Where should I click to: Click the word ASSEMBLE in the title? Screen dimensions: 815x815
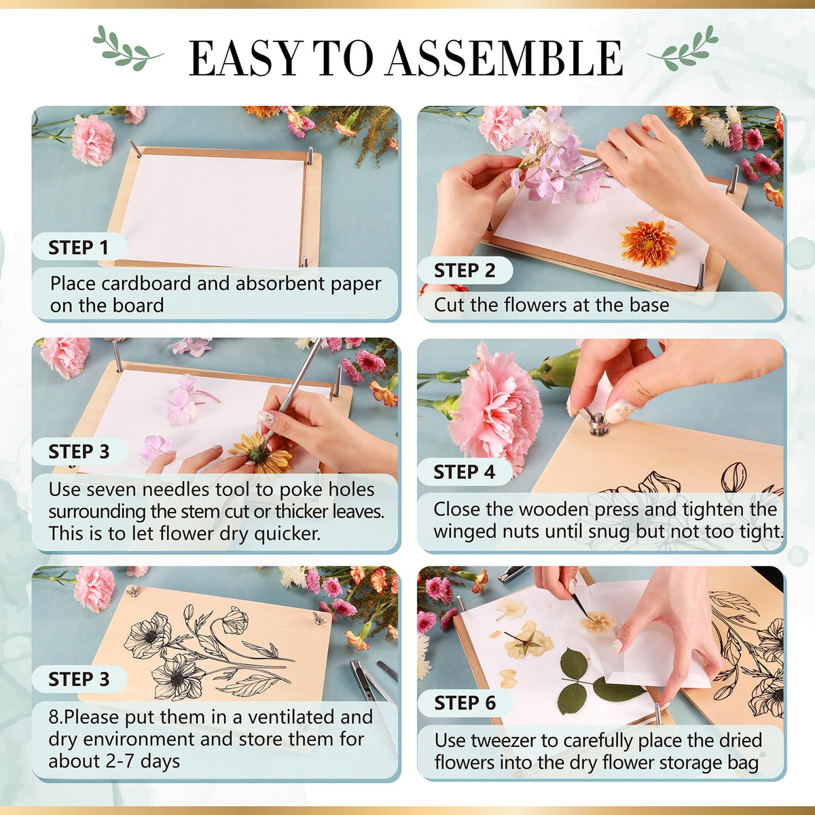tap(504, 58)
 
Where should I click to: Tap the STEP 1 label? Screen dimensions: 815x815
tap(79, 247)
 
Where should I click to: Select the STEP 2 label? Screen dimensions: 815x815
tap(465, 270)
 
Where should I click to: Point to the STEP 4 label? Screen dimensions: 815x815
tap(465, 472)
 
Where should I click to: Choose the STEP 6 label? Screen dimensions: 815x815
tap(465, 703)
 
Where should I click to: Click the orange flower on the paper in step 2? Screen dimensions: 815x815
tap(647, 243)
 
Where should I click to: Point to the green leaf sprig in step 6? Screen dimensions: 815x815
tap(596, 681)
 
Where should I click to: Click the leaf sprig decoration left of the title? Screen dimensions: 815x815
tap(127, 48)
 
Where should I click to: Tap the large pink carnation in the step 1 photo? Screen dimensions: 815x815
tap(93, 140)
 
